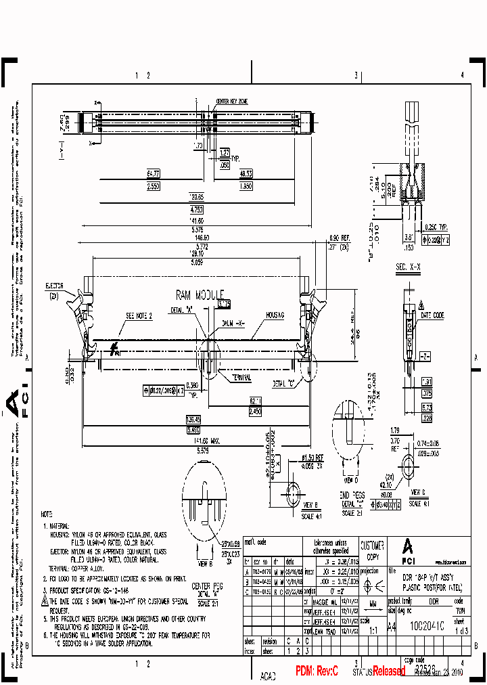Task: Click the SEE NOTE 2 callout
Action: [139, 316]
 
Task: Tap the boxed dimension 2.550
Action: [153, 185]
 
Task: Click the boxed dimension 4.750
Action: [196, 209]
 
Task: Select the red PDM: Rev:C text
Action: [321, 671]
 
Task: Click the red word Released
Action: [388, 671]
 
